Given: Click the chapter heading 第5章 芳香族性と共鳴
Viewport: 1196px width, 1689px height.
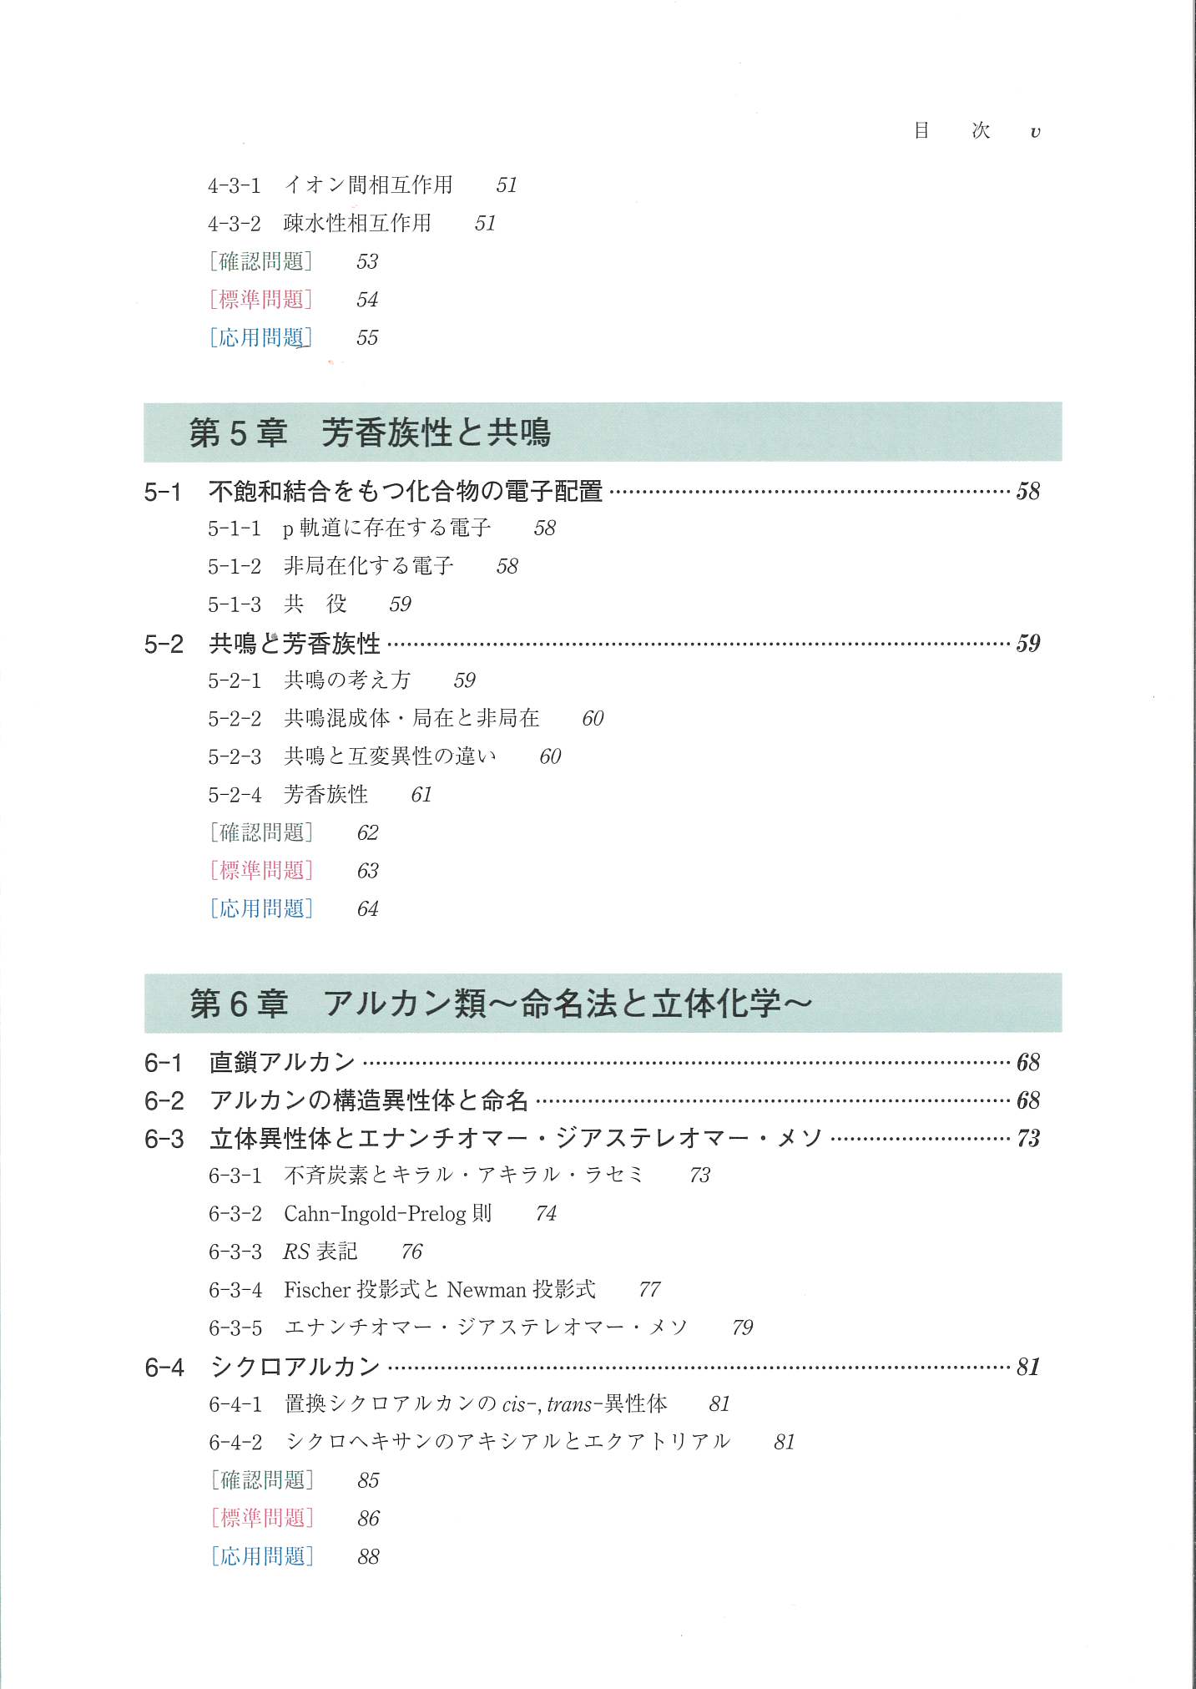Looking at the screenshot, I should point(370,432).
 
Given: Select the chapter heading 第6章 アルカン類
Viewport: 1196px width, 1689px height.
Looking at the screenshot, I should point(500,1004).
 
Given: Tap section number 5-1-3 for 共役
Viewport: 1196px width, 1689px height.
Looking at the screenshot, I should point(234,604).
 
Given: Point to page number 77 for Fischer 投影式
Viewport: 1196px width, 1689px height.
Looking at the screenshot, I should point(649,1290).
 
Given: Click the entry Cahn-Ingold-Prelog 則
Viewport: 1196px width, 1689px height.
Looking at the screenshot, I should point(387,1213).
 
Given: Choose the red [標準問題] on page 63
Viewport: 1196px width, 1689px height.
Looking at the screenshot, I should point(261,871).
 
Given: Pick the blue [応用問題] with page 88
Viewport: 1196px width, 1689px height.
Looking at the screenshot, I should point(261,1556).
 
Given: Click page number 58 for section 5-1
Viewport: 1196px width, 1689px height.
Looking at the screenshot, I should point(1027,491).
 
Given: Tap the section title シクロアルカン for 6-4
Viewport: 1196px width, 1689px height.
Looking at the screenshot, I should point(295,1367).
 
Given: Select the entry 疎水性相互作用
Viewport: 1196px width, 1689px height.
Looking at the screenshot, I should point(357,223).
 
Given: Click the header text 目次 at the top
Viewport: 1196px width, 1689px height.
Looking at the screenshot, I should point(951,130).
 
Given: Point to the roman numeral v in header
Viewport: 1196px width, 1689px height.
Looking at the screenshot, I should point(1035,132).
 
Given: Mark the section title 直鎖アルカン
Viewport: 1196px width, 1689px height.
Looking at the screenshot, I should point(282,1062).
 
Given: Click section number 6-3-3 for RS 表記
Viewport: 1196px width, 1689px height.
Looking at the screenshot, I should point(235,1252).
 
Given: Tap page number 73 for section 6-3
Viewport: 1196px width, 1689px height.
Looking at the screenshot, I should point(1027,1138).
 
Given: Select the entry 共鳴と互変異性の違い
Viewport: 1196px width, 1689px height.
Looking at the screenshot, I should point(390,756).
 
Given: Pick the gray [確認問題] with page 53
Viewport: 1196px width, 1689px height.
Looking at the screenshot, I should point(261,261).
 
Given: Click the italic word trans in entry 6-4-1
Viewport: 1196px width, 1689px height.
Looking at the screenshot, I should point(569,1404).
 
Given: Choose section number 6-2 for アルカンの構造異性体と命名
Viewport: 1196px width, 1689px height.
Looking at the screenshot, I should point(164,1100).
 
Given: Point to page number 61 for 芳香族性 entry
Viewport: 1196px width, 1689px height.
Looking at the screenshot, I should point(421,795).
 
